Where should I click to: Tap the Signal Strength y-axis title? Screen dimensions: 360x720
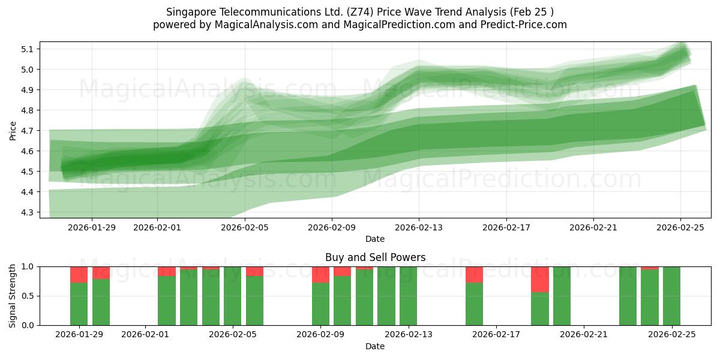tap(13, 295)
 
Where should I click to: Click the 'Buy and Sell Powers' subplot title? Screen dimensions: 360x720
tap(375, 257)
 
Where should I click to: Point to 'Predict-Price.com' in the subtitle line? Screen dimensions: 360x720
tap(522, 25)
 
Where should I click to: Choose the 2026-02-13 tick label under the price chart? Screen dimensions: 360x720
tap(419, 227)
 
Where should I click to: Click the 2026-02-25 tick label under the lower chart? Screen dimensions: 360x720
tap(671, 334)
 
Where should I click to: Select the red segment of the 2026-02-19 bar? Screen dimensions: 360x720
tap(540, 279)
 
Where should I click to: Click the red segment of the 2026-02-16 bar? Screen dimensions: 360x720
tap(474, 274)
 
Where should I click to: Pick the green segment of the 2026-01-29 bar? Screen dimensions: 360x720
tap(79, 304)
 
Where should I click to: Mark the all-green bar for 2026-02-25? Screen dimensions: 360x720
tap(671, 296)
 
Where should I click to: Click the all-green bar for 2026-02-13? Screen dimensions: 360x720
tap(408, 296)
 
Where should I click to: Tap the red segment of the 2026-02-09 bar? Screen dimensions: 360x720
tap(320, 274)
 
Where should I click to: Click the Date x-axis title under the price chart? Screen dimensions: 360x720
tap(375, 239)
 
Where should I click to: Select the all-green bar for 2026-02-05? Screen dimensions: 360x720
tap(233, 296)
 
